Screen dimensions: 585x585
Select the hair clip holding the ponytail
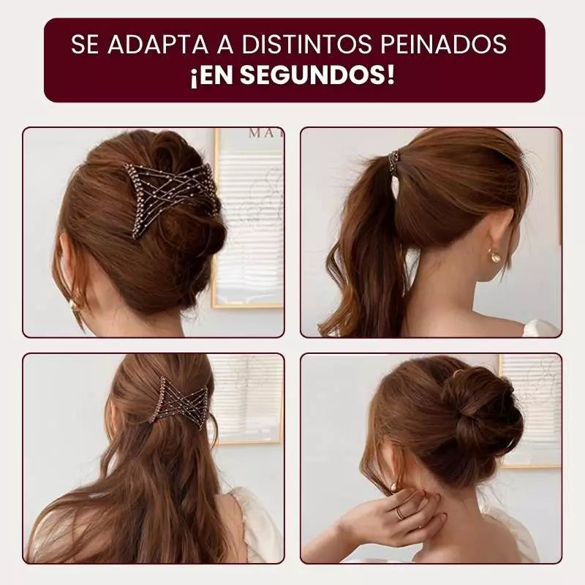coord(395,162)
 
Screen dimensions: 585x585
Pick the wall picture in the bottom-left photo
coord(249,399)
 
